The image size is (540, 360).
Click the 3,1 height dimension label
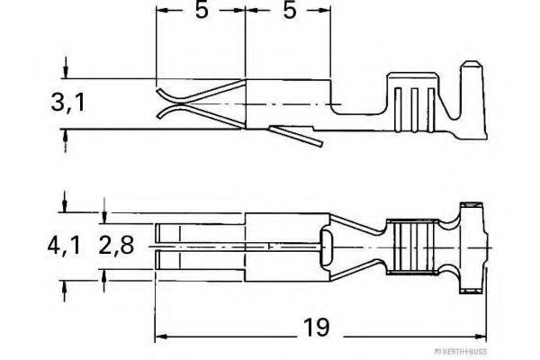tap(68, 103)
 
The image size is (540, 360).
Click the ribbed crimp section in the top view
tap(415, 245)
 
